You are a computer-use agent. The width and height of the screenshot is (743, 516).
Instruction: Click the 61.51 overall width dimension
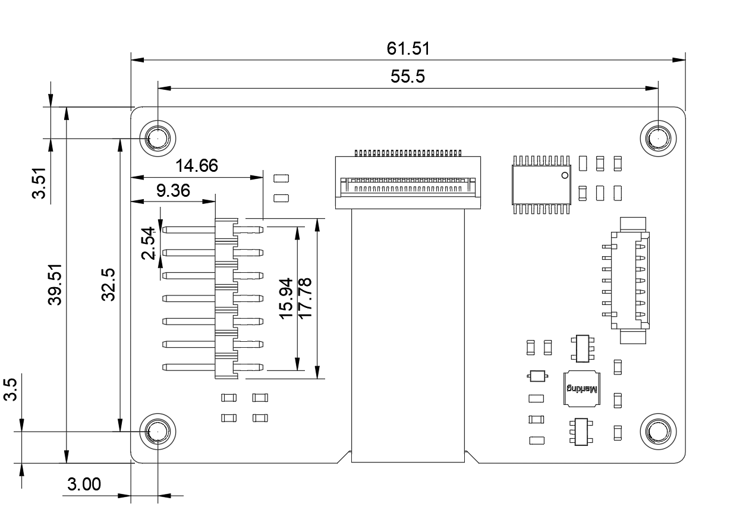point(408,48)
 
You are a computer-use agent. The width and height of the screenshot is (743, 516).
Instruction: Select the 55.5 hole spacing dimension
point(408,77)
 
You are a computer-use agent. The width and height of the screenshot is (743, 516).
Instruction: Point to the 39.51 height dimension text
point(55,285)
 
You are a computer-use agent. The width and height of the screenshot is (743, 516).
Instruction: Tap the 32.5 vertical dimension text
point(108,285)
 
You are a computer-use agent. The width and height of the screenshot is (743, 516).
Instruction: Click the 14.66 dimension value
point(196,166)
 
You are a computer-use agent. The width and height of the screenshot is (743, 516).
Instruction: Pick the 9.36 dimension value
point(173,191)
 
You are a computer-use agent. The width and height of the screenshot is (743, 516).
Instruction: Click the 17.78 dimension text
point(305,298)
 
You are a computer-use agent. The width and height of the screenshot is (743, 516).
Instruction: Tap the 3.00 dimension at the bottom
point(84,485)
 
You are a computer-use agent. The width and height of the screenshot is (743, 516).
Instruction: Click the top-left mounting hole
point(158,139)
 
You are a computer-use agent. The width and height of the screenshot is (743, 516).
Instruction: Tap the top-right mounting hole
point(658,139)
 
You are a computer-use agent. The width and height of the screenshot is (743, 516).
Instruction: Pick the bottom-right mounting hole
point(658,431)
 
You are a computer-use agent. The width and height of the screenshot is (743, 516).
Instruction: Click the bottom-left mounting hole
point(158,431)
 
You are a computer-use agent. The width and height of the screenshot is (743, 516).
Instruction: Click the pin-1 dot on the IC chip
point(565,175)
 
